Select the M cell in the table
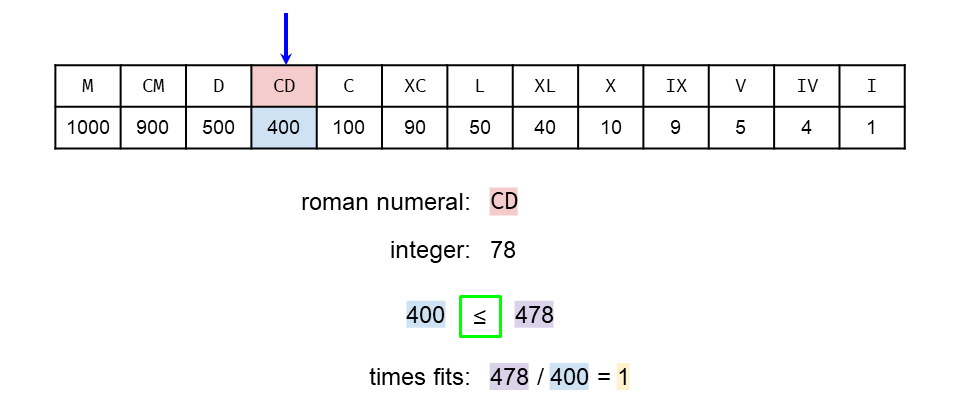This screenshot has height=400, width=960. click(88, 86)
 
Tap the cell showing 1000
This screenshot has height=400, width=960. click(88, 128)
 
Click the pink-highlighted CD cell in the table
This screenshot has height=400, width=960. click(284, 86)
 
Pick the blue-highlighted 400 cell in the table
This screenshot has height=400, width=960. click(284, 128)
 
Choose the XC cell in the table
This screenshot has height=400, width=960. click(415, 86)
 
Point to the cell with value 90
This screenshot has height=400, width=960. click(415, 128)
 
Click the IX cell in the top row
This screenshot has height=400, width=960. click(676, 86)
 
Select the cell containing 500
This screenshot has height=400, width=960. click(219, 128)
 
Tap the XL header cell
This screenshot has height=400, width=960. click(545, 86)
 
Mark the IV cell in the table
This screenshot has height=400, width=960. click(807, 86)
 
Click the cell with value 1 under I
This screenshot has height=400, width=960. click(872, 128)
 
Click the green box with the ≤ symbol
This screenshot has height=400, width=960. click(480, 316)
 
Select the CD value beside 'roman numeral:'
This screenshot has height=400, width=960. click(504, 202)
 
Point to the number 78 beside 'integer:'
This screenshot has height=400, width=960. click(503, 250)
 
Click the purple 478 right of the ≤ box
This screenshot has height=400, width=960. click(534, 316)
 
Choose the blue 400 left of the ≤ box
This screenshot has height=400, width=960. click(425, 316)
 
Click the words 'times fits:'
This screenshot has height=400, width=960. click(419, 378)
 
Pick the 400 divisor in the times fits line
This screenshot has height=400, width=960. click(569, 378)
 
